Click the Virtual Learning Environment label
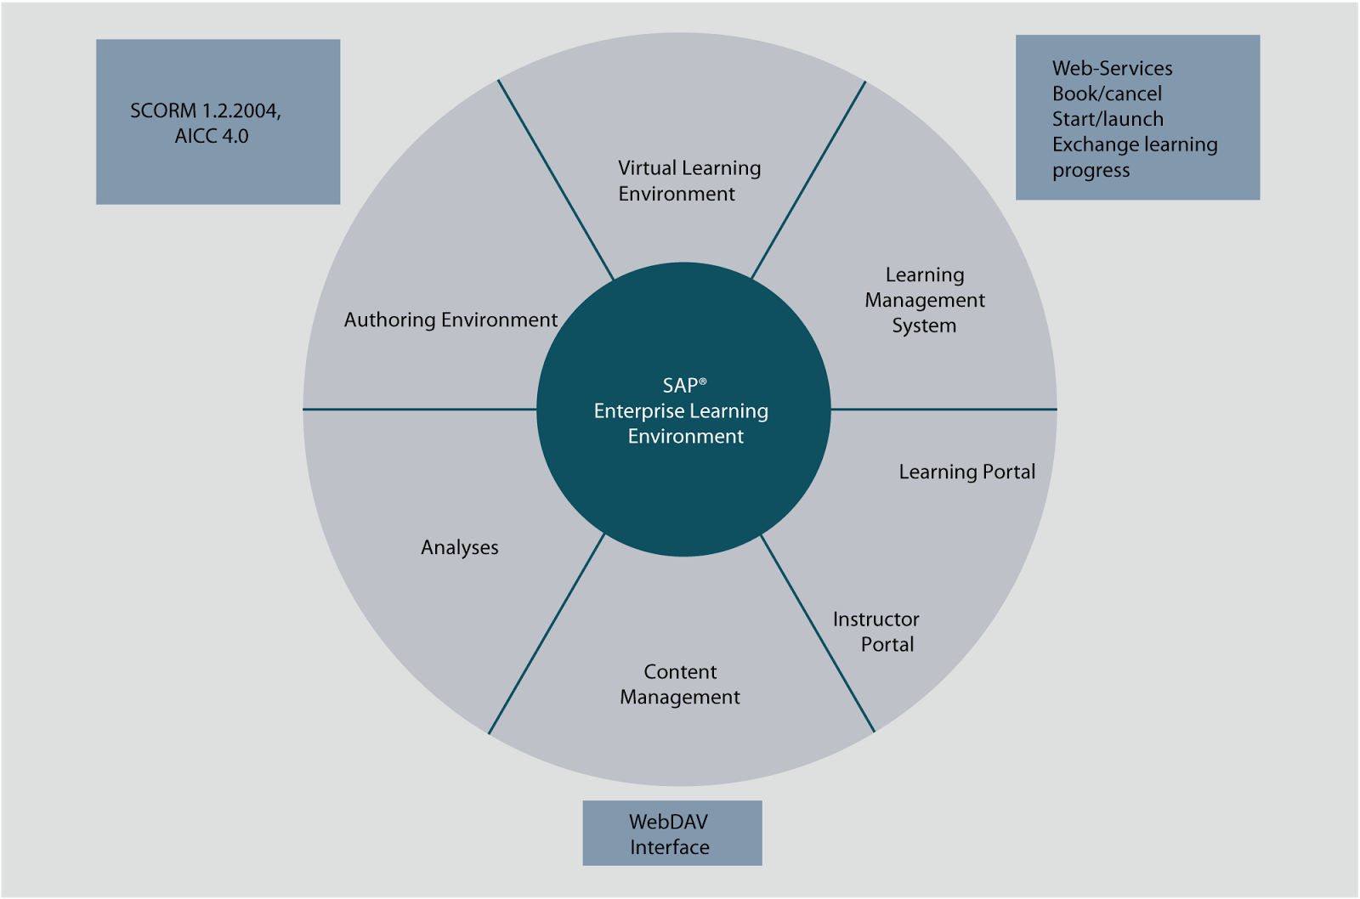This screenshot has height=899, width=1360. click(x=688, y=181)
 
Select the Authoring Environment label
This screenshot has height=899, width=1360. click(x=450, y=320)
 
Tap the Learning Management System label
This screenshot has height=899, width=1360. click(x=924, y=300)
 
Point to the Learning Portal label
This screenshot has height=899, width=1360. click(x=966, y=472)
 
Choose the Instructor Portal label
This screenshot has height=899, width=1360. click(x=876, y=631)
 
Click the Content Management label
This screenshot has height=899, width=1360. click(x=680, y=684)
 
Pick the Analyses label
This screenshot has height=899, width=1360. click(x=460, y=548)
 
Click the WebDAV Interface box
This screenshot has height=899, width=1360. click(x=671, y=834)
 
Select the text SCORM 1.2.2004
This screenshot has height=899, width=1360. click(x=205, y=111)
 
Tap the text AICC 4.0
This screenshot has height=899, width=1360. click(x=212, y=137)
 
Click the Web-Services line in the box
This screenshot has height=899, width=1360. click(x=1112, y=69)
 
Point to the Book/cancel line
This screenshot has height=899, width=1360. click(x=1107, y=94)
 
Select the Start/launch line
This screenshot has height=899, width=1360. click(x=1108, y=120)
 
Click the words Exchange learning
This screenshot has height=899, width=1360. click(x=1135, y=145)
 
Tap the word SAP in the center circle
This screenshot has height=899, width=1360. click(x=680, y=387)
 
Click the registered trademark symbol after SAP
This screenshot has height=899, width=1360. click(x=703, y=382)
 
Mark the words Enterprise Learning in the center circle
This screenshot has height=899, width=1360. click(x=681, y=411)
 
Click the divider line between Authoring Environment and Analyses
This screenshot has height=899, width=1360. click(x=421, y=410)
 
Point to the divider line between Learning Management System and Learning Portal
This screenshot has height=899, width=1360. click(x=943, y=410)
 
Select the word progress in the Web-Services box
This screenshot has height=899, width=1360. click(x=1091, y=172)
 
